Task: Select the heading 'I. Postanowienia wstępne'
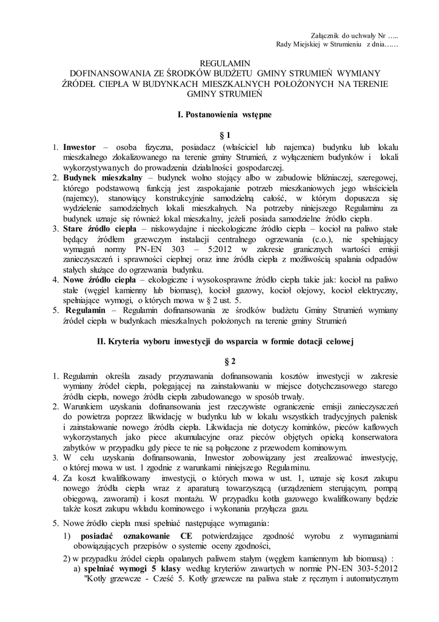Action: click(220, 114)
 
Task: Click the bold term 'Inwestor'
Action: click(81, 148)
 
